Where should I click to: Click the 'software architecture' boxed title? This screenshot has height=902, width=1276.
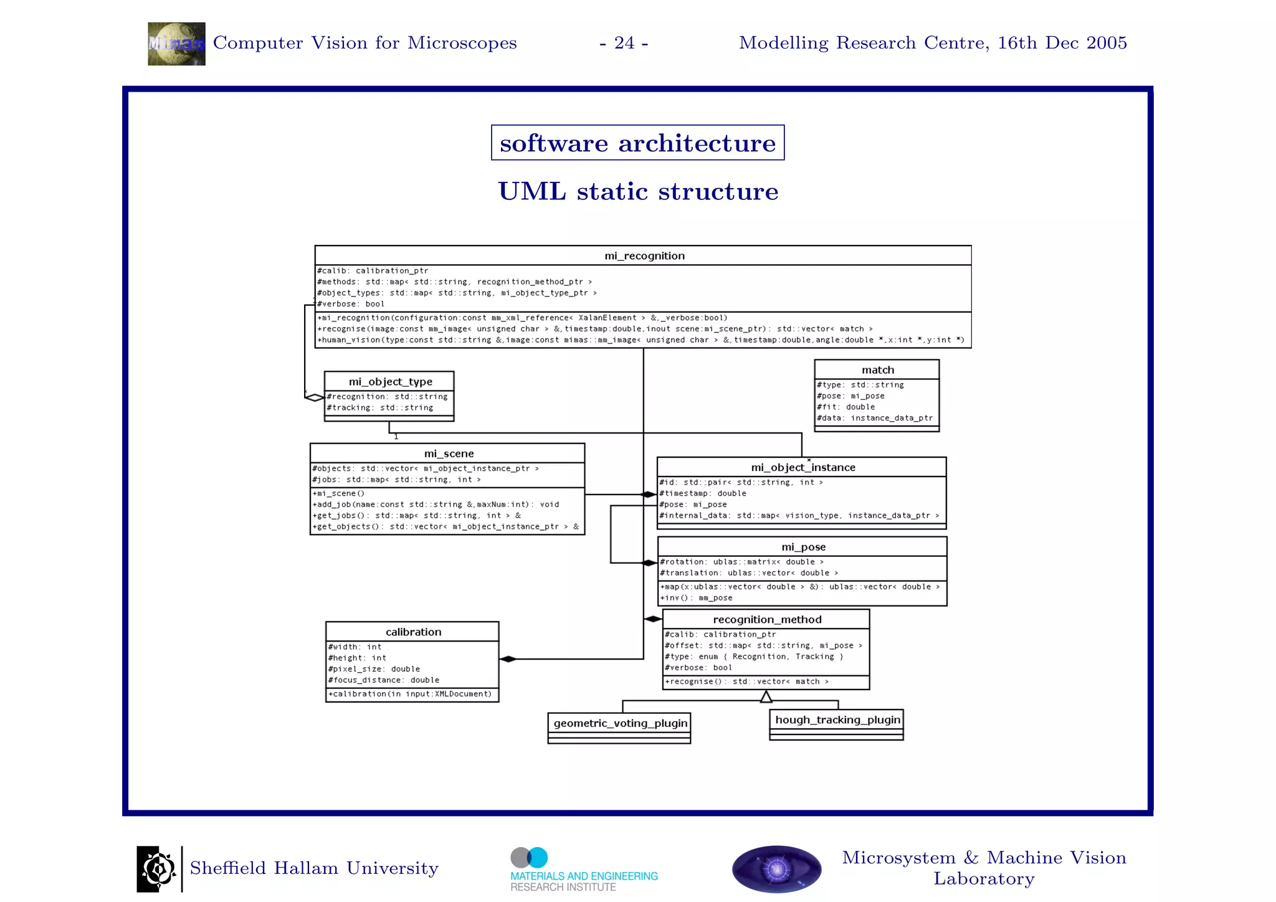(637, 143)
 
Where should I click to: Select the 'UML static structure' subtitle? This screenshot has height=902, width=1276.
(638, 191)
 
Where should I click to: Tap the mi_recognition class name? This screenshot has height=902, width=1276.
(644, 256)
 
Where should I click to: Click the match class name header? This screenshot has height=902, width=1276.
(877, 370)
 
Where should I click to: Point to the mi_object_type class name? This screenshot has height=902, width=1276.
(390, 381)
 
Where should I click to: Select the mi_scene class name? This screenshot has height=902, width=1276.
(449, 453)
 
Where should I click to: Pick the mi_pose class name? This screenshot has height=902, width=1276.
(803, 547)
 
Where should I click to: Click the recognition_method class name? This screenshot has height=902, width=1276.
(767, 619)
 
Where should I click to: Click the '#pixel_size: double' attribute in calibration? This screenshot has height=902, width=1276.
(374, 669)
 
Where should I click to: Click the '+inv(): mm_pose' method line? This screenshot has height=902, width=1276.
(697, 598)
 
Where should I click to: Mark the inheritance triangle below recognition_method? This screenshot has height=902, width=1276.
(766, 696)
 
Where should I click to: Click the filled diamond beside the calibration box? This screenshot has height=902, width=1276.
(508, 659)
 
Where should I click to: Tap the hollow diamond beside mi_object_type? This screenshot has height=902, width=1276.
(315, 397)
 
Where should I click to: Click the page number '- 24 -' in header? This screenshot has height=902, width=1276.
(624, 43)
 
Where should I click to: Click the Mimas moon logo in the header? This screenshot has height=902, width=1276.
(176, 44)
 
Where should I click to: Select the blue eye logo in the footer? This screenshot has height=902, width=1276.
(776, 869)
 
